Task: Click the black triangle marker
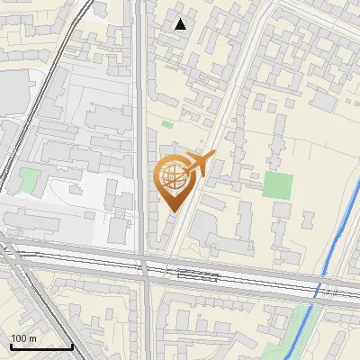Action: tap(181, 24)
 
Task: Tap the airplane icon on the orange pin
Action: tap(199, 165)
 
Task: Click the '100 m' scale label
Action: tap(23, 338)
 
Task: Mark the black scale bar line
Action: tap(41, 346)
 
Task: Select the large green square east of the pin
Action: tap(278, 185)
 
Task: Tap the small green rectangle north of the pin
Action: tap(167, 124)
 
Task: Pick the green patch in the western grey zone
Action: tap(30, 179)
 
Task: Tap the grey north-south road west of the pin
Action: tap(141, 135)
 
